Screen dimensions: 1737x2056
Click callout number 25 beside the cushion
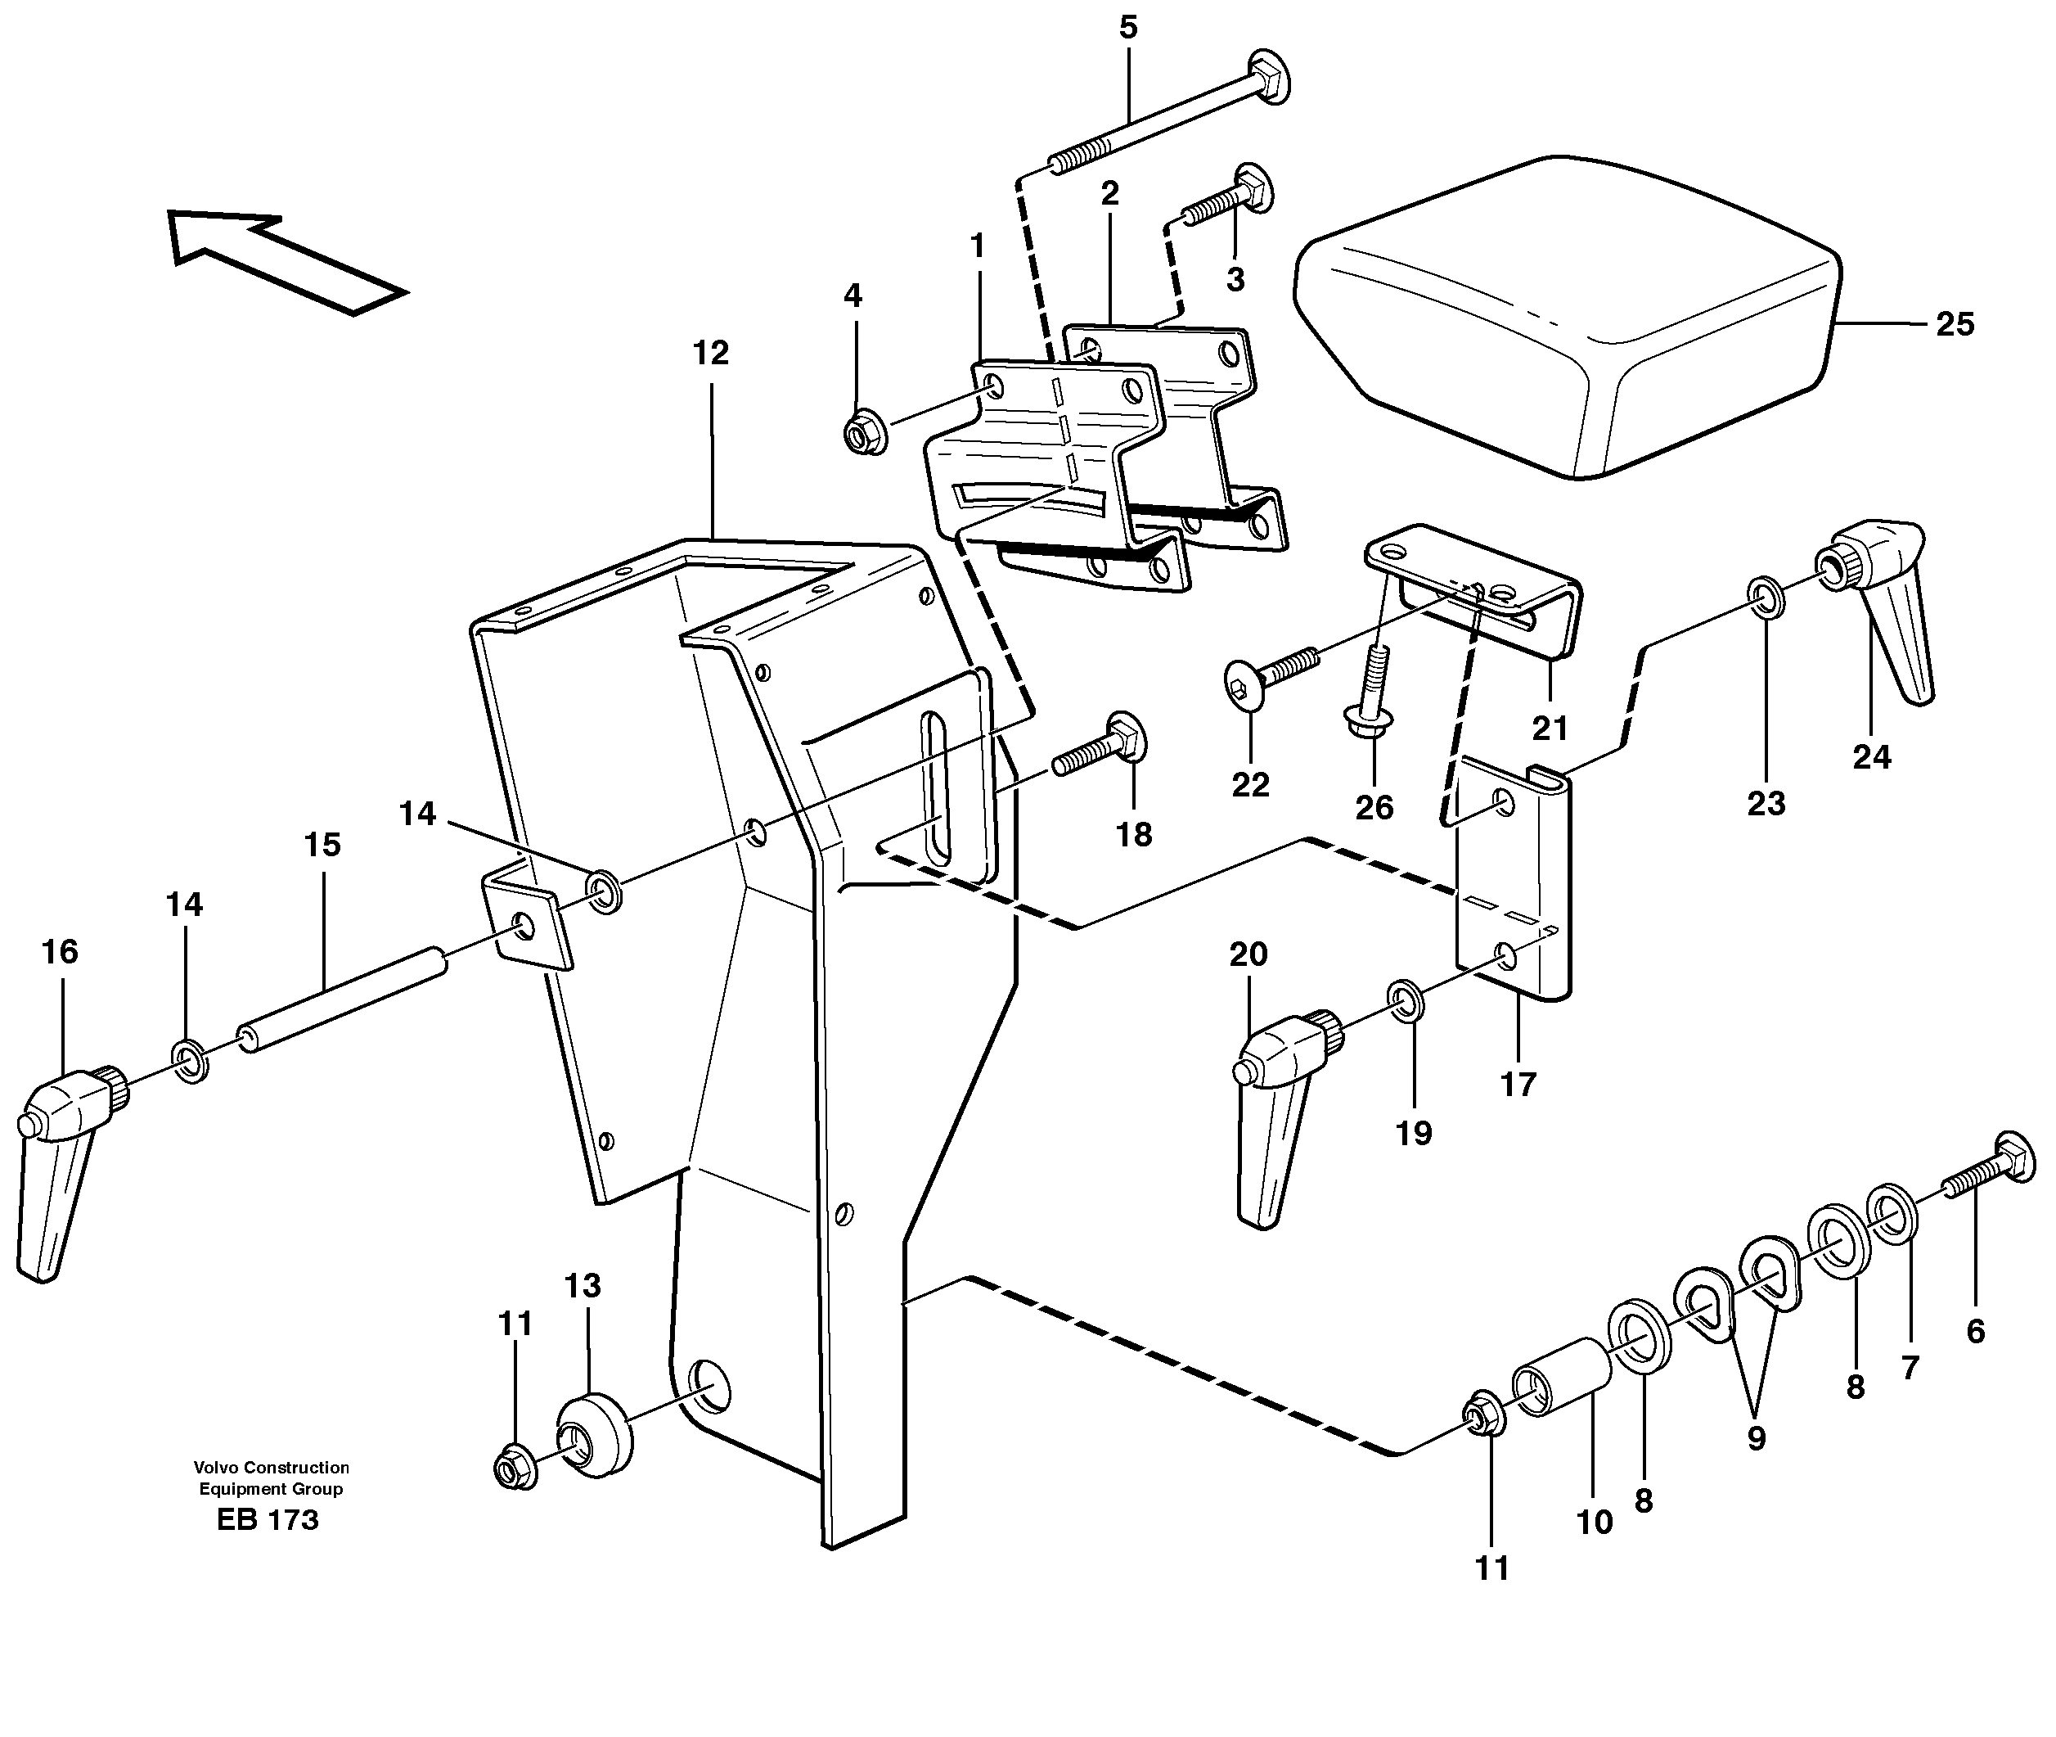tap(1954, 325)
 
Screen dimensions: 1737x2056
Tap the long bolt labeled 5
tap(1172, 127)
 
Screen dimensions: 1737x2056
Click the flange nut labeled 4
tap(864, 433)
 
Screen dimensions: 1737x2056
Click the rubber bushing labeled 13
tap(595, 1435)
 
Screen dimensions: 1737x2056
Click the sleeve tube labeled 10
tap(1559, 1377)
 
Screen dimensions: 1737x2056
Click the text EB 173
tap(268, 1520)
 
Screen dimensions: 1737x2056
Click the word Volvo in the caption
tap(214, 1467)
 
